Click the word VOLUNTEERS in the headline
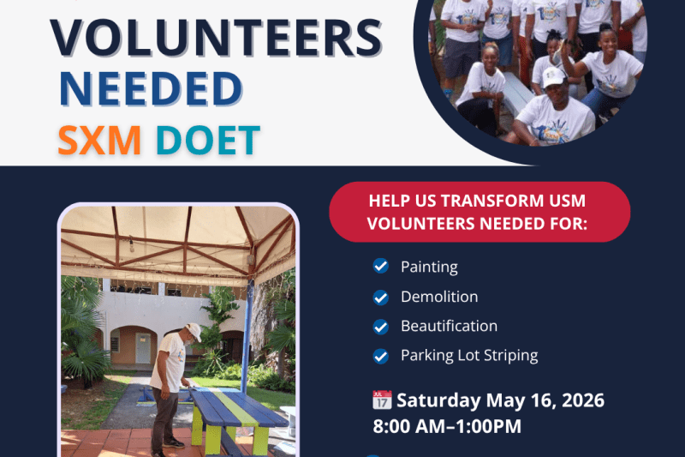click(217, 38)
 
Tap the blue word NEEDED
click(151, 89)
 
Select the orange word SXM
click(100, 141)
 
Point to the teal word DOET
click(208, 141)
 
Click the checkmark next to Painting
click(380, 266)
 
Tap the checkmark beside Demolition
click(380, 298)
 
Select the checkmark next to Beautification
click(380, 327)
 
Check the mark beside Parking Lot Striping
click(380, 356)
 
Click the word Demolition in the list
click(439, 297)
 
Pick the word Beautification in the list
click(449, 326)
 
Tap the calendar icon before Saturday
click(382, 400)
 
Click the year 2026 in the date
click(583, 400)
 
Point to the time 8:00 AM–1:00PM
click(447, 426)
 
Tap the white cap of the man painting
click(194, 332)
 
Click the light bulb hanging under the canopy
click(132, 246)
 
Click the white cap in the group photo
click(553, 77)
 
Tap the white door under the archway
click(143, 349)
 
